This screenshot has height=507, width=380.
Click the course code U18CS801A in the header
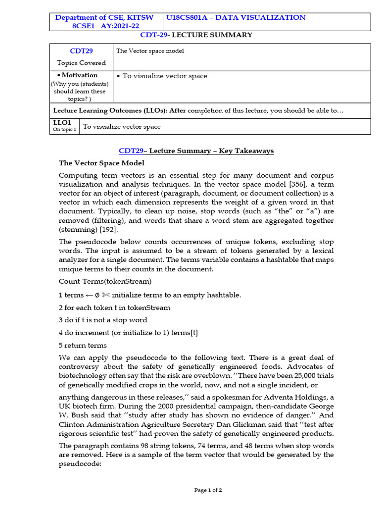pos(188,17)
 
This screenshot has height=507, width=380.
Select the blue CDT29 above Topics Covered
pos(81,51)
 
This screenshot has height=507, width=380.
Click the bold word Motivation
pos(81,75)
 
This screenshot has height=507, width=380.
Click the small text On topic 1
pos(64,130)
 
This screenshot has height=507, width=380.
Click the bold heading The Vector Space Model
pos(101,163)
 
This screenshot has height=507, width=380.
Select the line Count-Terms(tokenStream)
pos(105,282)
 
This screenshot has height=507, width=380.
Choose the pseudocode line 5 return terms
pos(83,346)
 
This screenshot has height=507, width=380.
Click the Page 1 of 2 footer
pos(208,490)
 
